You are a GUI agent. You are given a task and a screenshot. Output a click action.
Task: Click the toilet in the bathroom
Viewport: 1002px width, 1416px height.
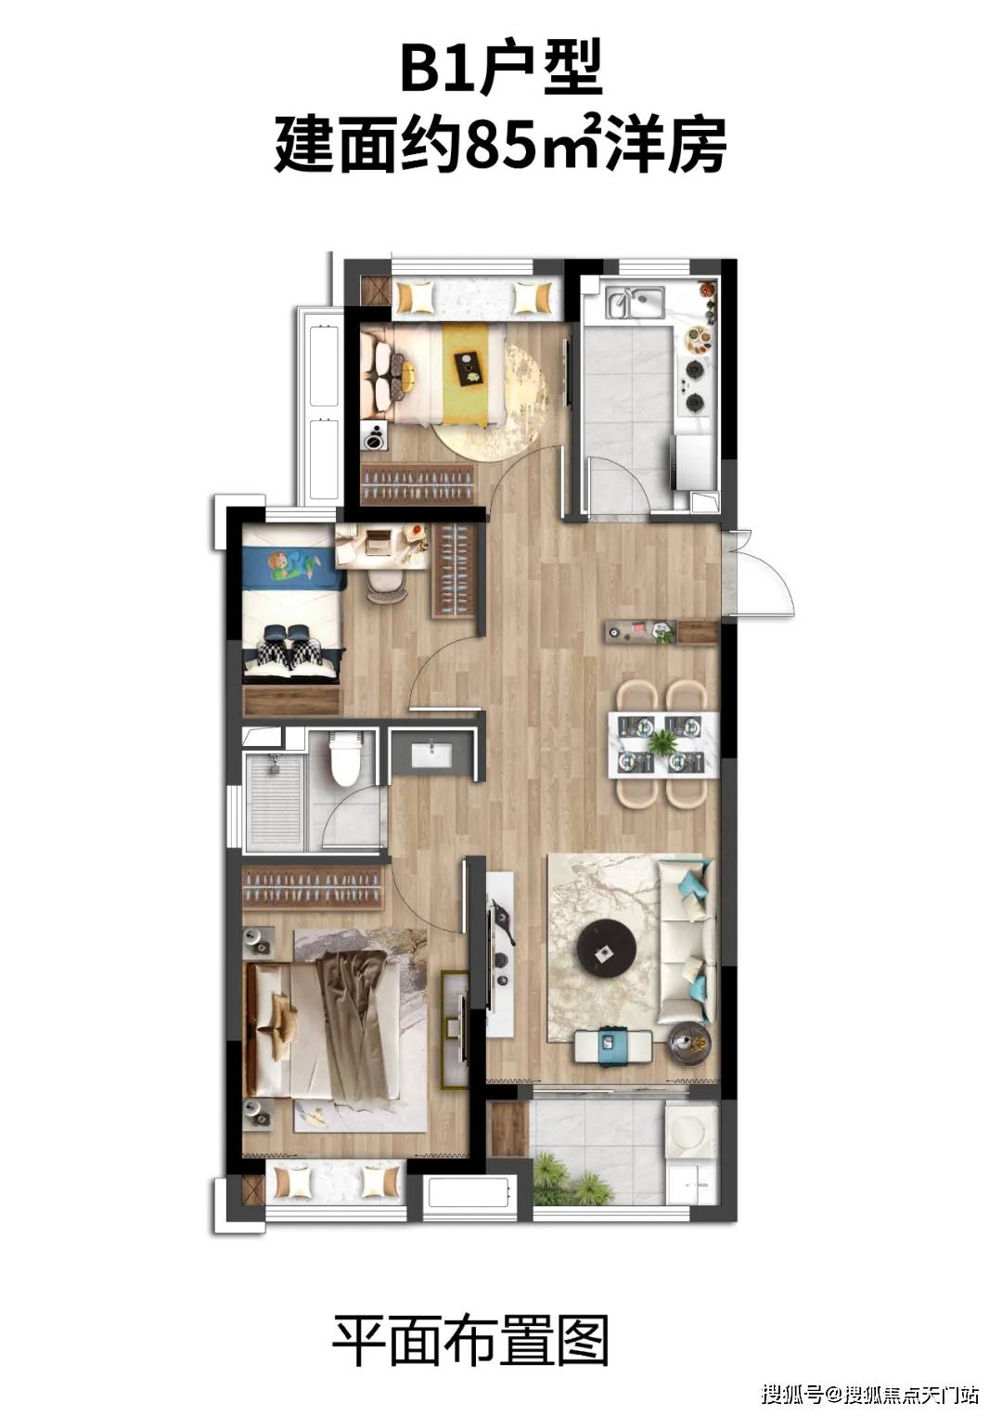pyautogui.click(x=345, y=758)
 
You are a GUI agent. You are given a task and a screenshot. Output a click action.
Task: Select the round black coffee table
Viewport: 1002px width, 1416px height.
pyautogui.click(x=606, y=949)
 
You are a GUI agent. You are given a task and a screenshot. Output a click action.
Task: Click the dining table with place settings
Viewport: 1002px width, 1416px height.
pyautogui.click(x=663, y=744)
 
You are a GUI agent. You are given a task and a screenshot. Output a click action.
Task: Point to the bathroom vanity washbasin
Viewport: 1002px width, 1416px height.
pyautogui.click(x=431, y=754)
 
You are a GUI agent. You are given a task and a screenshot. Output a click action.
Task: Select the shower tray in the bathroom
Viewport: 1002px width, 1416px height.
pyautogui.click(x=276, y=802)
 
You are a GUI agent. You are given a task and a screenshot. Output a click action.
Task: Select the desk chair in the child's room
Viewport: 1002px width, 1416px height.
pyautogui.click(x=387, y=586)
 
